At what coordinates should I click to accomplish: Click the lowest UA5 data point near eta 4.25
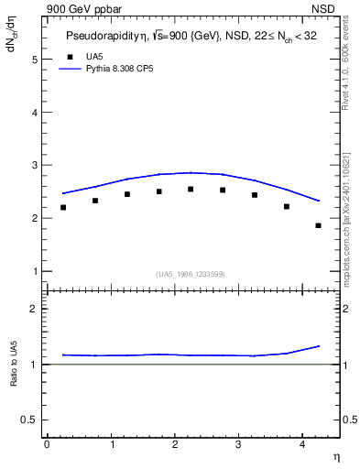[x=318, y=225]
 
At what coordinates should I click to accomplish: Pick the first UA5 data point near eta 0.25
[x=63, y=207]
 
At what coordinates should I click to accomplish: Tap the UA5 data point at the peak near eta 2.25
[x=191, y=190]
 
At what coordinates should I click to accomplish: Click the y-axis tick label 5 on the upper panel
[x=35, y=60]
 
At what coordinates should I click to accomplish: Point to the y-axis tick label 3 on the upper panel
[x=35, y=166]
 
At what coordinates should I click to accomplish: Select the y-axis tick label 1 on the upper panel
[x=35, y=272]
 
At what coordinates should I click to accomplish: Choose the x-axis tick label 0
[x=47, y=443]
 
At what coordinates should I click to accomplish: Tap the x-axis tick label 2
[x=175, y=443]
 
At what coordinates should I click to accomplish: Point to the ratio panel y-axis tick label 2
[x=35, y=309]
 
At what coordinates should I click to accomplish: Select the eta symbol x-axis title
[x=336, y=456]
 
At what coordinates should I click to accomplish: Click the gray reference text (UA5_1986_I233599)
[x=190, y=273]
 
